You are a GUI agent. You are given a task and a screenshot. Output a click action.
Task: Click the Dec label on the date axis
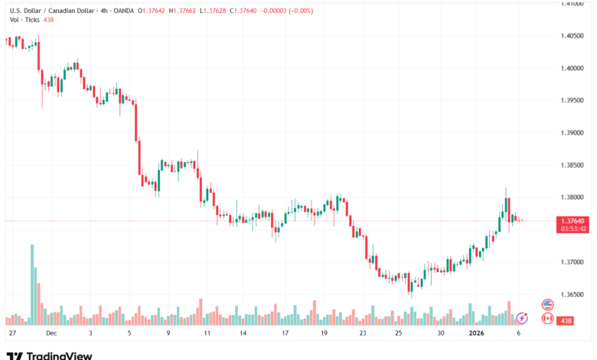click(51, 334)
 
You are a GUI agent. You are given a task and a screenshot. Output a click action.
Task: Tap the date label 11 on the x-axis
click(207, 334)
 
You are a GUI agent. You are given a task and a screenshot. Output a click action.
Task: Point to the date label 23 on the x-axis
click(363, 334)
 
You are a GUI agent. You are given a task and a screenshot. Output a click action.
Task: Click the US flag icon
click(547, 304)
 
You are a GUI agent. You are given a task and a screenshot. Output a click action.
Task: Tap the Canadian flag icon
click(547, 316)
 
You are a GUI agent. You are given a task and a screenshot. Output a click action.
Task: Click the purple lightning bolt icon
click(522, 316)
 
